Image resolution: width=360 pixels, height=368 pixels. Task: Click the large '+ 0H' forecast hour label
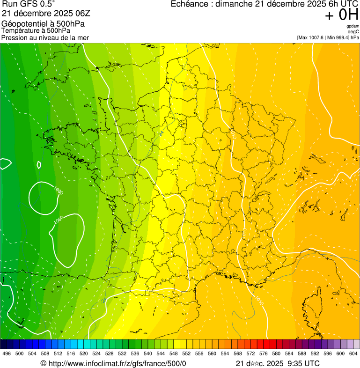[341, 15]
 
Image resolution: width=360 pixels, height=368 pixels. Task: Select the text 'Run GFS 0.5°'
[29, 4]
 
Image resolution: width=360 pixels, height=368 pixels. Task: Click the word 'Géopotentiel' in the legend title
[23, 24]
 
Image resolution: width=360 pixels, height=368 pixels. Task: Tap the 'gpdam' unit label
[353, 26]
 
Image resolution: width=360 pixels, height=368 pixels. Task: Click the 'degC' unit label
[353, 31]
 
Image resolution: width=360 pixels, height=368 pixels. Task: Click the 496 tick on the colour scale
[7, 353]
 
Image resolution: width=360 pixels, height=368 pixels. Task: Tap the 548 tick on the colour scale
[173, 353]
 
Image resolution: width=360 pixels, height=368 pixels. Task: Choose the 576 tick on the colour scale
[263, 353]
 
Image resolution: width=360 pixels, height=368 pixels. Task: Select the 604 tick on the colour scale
[353, 353]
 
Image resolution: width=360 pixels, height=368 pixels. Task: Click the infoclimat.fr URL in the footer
[117, 363]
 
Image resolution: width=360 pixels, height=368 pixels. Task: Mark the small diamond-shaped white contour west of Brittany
[39, 164]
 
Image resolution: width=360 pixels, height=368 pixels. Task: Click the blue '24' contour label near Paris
[161, 133]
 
